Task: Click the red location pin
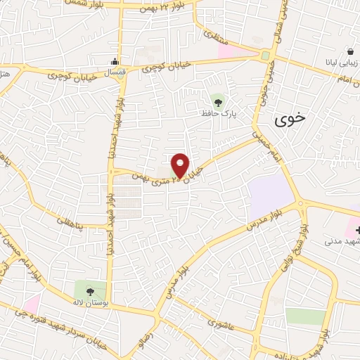(180, 165)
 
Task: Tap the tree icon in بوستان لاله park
(90, 288)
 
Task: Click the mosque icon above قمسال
(116, 60)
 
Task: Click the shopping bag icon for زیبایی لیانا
(349, 52)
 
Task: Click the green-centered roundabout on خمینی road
(265, 56)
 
